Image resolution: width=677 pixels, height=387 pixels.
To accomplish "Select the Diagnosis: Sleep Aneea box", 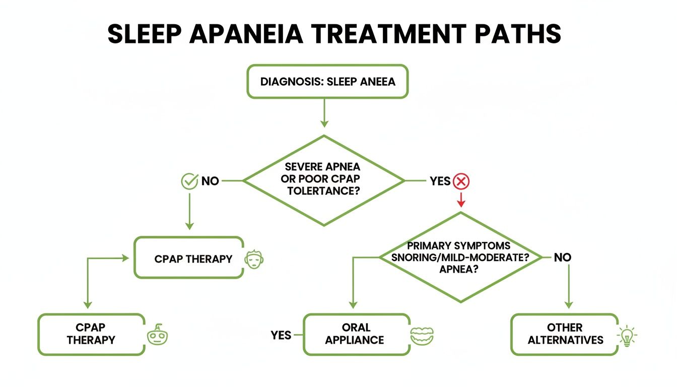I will pos(327,81).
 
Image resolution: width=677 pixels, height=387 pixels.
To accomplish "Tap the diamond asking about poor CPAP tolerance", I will pos(324,180).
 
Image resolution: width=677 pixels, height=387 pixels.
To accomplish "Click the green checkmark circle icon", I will pos(189,181).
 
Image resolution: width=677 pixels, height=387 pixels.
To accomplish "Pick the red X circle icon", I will pos(460,181).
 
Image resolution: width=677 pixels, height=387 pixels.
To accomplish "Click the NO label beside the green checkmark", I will pos(210,181).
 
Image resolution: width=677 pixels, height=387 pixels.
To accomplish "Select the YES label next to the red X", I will pos(440,181).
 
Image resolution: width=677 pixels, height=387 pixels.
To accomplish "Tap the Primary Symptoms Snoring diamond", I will pos(460,257).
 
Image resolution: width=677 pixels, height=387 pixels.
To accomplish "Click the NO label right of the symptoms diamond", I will pos(563,257).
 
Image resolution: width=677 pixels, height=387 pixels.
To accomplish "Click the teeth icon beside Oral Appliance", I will pos(422,336).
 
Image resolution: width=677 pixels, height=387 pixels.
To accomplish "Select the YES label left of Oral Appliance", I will pos(281,335).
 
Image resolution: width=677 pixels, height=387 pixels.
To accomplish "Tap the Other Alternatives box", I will pos(565,334).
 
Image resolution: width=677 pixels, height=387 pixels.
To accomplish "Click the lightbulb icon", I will pos(627,336).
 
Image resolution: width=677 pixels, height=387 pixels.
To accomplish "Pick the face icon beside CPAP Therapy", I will pos(254,259).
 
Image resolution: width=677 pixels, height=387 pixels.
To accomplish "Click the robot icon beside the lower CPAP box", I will pos(158,335).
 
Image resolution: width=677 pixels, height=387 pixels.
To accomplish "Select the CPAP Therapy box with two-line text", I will pos(91,334).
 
